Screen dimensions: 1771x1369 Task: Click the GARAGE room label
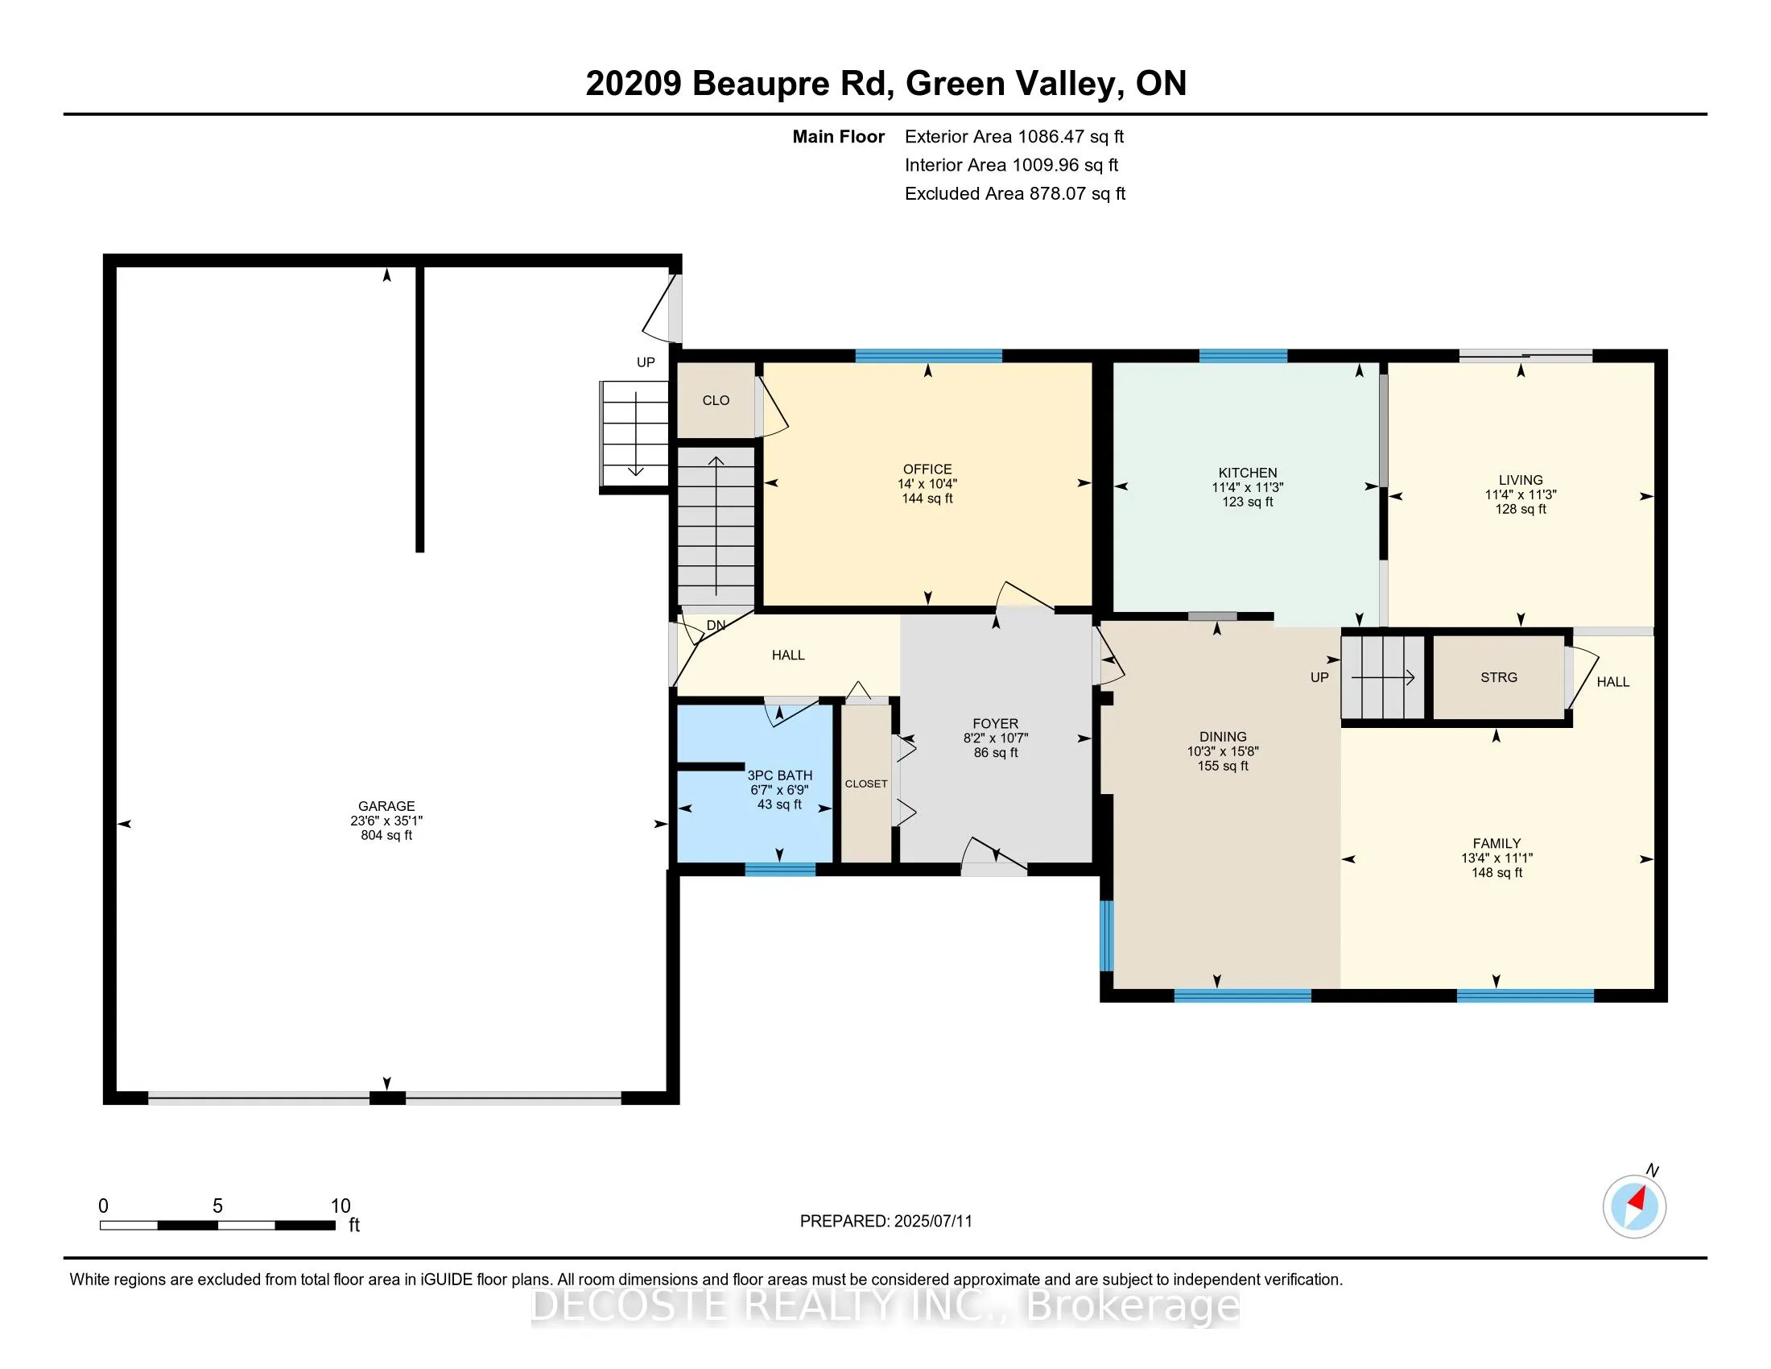pyautogui.click(x=386, y=806)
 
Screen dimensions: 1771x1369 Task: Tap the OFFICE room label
pyautogui.click(x=927, y=469)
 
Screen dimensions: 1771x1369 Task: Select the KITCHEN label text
pyautogui.click(x=1247, y=473)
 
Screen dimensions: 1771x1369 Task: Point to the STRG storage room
pyautogui.click(x=1499, y=677)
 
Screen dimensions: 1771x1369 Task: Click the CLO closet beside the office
pyautogui.click(x=716, y=401)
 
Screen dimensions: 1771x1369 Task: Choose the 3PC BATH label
pyautogui.click(x=779, y=775)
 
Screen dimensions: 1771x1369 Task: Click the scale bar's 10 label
pyautogui.click(x=341, y=1206)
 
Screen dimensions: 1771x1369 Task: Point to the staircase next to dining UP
pyautogui.click(x=1382, y=677)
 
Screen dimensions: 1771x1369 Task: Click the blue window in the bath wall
pyautogui.click(x=780, y=870)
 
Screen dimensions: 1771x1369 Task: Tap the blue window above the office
pyautogui.click(x=928, y=355)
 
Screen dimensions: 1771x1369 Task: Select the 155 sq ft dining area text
pyautogui.click(x=1223, y=766)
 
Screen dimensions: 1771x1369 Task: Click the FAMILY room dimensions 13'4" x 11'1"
pyautogui.click(x=1497, y=858)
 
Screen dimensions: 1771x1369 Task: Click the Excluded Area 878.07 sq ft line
pyautogui.click(x=1015, y=193)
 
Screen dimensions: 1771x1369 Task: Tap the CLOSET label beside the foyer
pyautogui.click(x=866, y=784)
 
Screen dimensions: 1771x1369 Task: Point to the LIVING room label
pyautogui.click(x=1521, y=480)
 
